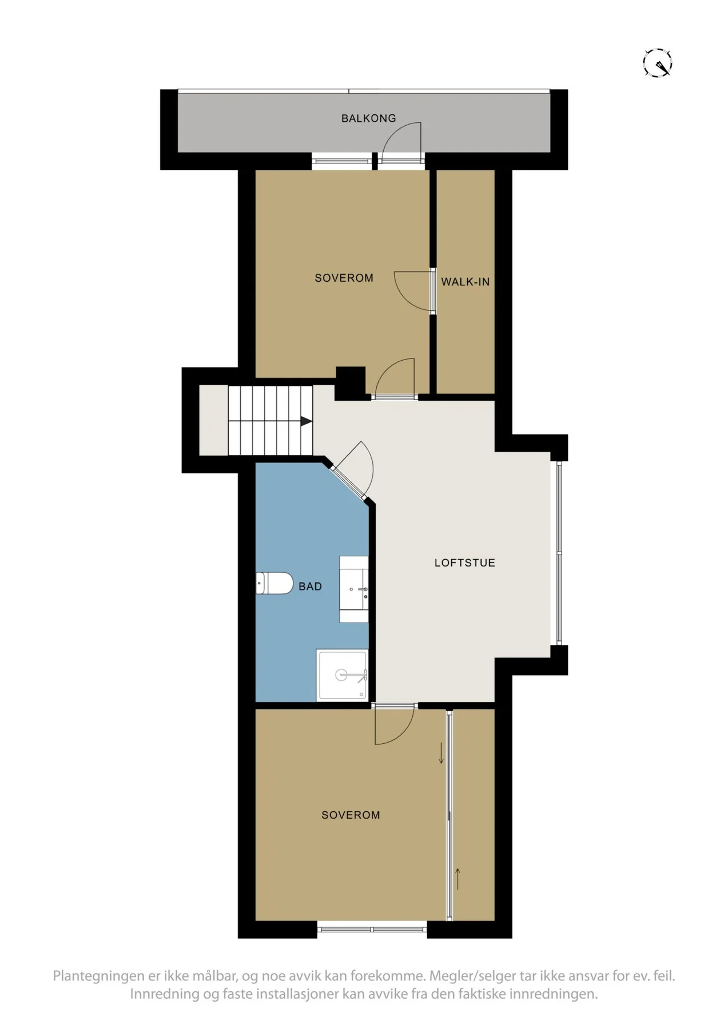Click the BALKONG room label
click(x=368, y=118)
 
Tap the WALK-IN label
click(x=465, y=282)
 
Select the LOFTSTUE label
click(x=464, y=563)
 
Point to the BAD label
click(x=310, y=587)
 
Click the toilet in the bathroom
click(x=274, y=583)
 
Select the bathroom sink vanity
click(x=354, y=589)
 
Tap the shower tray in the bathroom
click(x=343, y=675)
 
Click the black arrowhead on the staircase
click(x=307, y=421)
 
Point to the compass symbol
click(x=657, y=62)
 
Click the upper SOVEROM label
click(x=344, y=278)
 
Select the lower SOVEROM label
click(x=351, y=815)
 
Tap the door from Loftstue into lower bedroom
click(x=394, y=724)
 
